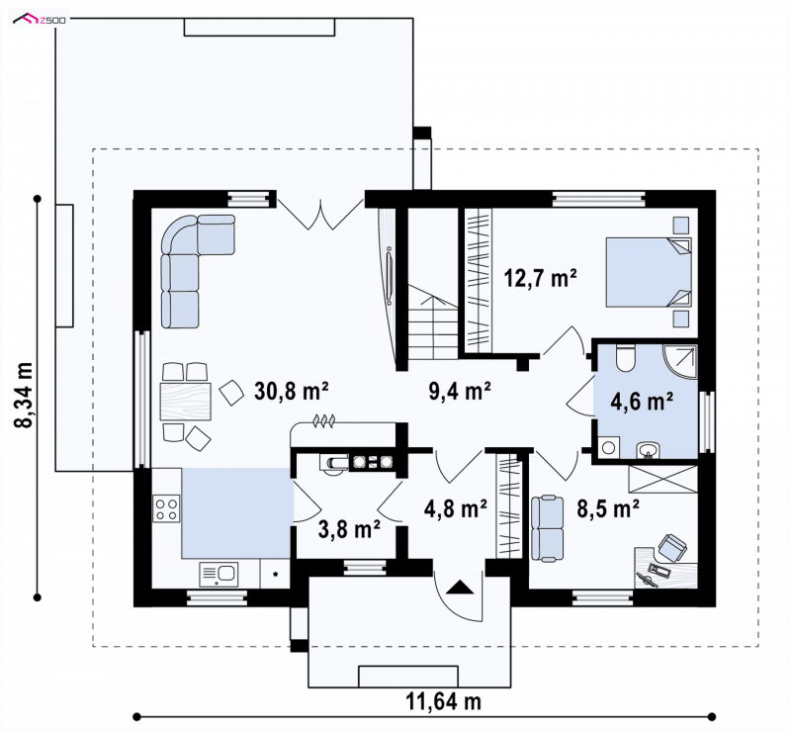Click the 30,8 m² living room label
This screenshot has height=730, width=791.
coord(292,391)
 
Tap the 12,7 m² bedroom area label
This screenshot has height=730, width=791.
coord(541,278)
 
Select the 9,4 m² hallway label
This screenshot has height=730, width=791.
coord(460,391)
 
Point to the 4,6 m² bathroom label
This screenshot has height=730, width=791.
coord(642,402)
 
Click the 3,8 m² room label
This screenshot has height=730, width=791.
coord(350,529)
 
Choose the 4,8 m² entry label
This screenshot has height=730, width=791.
coord(456,508)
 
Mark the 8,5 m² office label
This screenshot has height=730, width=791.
coord(608,508)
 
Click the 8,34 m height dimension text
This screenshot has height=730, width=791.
coord(24,396)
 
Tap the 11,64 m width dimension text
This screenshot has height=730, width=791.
coord(443,701)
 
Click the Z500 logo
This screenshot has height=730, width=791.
coord(40,20)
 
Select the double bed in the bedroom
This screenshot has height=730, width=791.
coord(649,273)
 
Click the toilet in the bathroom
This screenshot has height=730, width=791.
coord(626,358)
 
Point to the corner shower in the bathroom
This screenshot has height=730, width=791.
coord(680,362)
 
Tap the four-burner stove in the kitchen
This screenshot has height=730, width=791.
coord(166,508)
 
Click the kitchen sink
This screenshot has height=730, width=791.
coord(219,575)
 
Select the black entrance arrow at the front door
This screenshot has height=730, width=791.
coord(460,587)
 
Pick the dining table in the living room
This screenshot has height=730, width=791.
coord(186,402)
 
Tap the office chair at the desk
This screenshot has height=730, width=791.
coord(672,548)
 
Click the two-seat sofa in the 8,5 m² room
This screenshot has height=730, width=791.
coord(548,528)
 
